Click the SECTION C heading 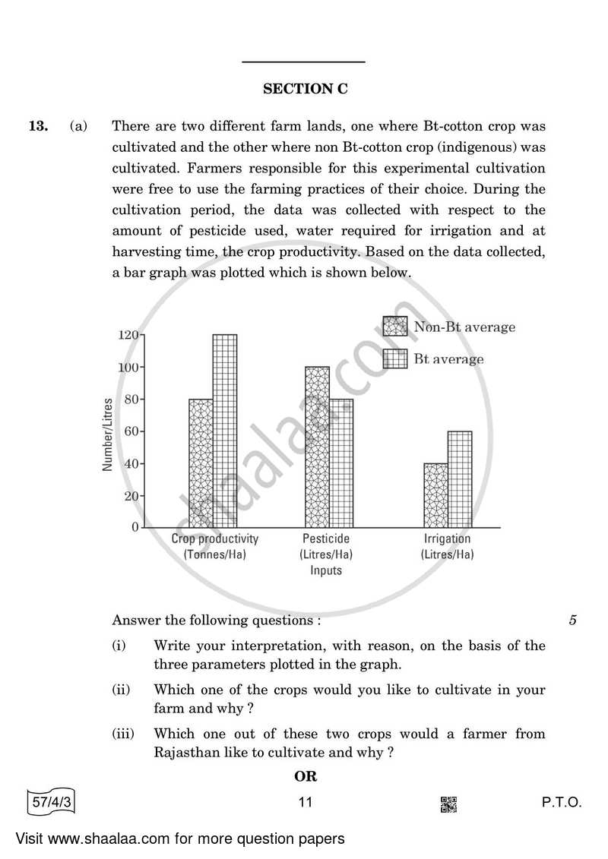[x=305, y=89]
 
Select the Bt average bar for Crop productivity [x=224, y=430]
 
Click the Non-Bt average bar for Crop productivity [x=201, y=463]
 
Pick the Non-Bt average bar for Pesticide [x=318, y=447]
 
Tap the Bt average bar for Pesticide [x=341, y=463]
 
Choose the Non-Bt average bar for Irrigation [x=435, y=494]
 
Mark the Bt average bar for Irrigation [x=459, y=478]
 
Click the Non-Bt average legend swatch [x=395, y=327]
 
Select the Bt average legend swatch [x=395, y=358]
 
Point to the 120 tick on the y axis [x=128, y=335]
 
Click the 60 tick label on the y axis [x=131, y=431]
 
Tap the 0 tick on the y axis [x=135, y=526]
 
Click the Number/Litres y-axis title [x=108, y=434]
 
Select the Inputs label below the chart [x=325, y=570]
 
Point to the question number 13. [x=39, y=127]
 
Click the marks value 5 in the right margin [x=572, y=621]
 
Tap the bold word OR [x=305, y=776]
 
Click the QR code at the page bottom [x=449, y=804]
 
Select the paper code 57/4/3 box [x=52, y=802]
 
